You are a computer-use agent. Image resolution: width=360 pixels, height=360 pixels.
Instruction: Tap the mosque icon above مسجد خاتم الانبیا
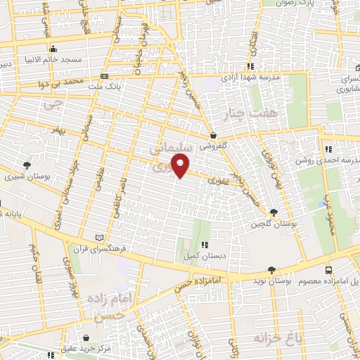click(x=53, y=49)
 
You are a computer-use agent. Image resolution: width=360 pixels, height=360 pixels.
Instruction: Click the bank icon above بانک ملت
click(x=104, y=76)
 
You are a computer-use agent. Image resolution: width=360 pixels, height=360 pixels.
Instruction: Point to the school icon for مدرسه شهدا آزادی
click(x=250, y=67)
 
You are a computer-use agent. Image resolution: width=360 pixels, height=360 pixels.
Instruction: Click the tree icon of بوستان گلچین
click(x=274, y=212)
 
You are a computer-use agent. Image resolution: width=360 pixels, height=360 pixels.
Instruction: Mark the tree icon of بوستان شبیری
click(x=27, y=165)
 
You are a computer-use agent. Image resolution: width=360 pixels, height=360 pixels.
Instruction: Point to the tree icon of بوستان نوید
click(x=271, y=269)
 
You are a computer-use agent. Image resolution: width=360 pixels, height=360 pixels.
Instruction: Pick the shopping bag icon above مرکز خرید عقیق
click(x=86, y=337)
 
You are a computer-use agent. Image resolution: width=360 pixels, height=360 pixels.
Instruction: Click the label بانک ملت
click(x=105, y=86)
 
